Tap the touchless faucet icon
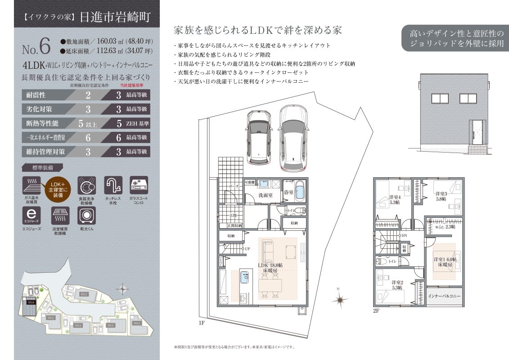click(113, 185)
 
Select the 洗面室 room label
click(265, 195)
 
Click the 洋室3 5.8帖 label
click(441, 196)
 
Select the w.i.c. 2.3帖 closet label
click(445, 227)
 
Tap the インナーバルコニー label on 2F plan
click(444, 297)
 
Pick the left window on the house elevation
click(440, 99)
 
